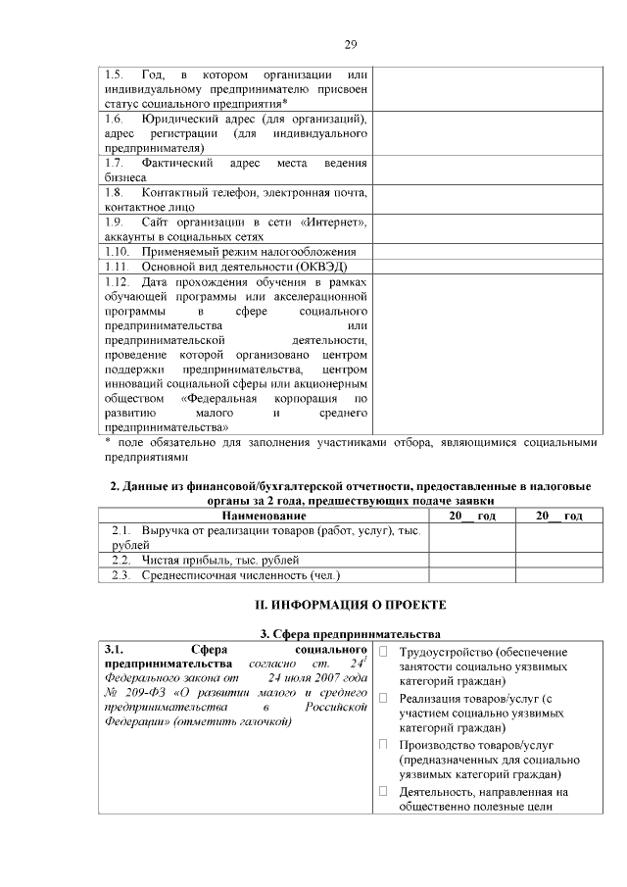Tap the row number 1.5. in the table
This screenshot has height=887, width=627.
pyautogui.click(x=115, y=75)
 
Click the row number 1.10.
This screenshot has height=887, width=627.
pyautogui.click(x=118, y=252)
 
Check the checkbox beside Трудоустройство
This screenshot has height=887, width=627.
pyautogui.click(x=384, y=653)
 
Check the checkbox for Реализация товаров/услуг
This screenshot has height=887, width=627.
pyautogui.click(x=384, y=698)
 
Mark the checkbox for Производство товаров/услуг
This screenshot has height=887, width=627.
pyautogui.click(x=384, y=744)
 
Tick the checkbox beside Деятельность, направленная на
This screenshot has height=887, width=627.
pyautogui.click(x=384, y=791)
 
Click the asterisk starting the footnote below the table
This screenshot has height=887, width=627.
pyautogui.click(x=109, y=443)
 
